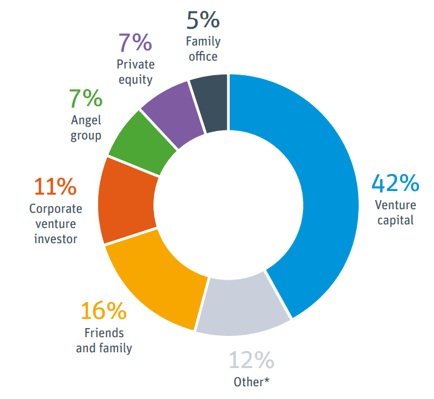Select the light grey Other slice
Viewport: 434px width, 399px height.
tap(242, 306)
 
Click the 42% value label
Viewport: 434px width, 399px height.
tap(395, 184)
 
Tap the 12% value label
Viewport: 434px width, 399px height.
tap(251, 361)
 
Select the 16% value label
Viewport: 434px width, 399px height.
tap(104, 312)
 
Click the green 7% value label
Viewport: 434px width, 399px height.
tap(85, 99)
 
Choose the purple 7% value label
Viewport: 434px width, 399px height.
tap(134, 43)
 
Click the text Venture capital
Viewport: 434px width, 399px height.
tap(395, 212)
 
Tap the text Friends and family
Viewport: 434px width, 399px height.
tap(104, 341)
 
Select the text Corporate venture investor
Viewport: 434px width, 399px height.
tap(55, 224)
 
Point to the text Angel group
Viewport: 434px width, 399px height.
tap(85, 128)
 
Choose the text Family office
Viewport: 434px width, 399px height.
tap(202, 49)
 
